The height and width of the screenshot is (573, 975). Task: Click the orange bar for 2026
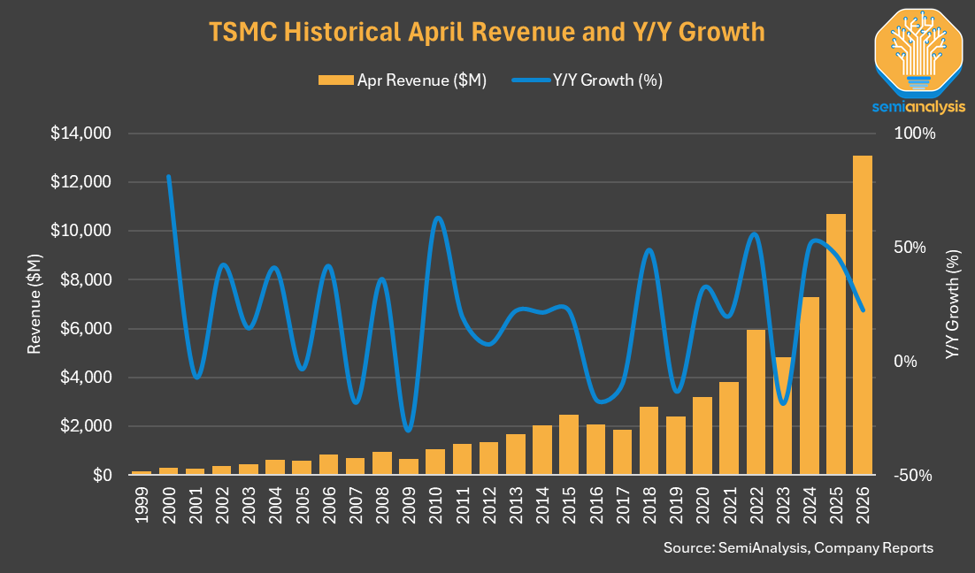[x=863, y=315]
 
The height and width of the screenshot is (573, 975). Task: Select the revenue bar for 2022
[x=756, y=402]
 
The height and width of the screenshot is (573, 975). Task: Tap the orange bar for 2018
[x=649, y=440]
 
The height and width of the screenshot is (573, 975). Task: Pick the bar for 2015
[x=569, y=445]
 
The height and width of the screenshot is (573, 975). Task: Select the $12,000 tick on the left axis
[x=81, y=182]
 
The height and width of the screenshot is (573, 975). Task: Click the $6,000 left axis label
[x=85, y=329]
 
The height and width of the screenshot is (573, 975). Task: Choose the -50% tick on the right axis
[x=913, y=476]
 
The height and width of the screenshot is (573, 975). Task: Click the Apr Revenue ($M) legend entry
[x=403, y=80]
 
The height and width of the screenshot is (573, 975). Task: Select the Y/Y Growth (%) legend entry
[x=587, y=80]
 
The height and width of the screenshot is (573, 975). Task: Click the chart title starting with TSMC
[x=487, y=32]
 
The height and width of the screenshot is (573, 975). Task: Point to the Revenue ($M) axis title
[x=35, y=304]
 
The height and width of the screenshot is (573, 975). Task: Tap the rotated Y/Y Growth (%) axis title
[x=952, y=304]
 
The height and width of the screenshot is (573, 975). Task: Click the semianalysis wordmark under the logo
[x=918, y=107]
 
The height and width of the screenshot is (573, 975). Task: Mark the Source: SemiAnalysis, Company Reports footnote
[x=798, y=547]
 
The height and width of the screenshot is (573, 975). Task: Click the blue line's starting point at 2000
[x=168, y=177]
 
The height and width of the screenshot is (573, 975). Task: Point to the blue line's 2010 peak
[x=438, y=218]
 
